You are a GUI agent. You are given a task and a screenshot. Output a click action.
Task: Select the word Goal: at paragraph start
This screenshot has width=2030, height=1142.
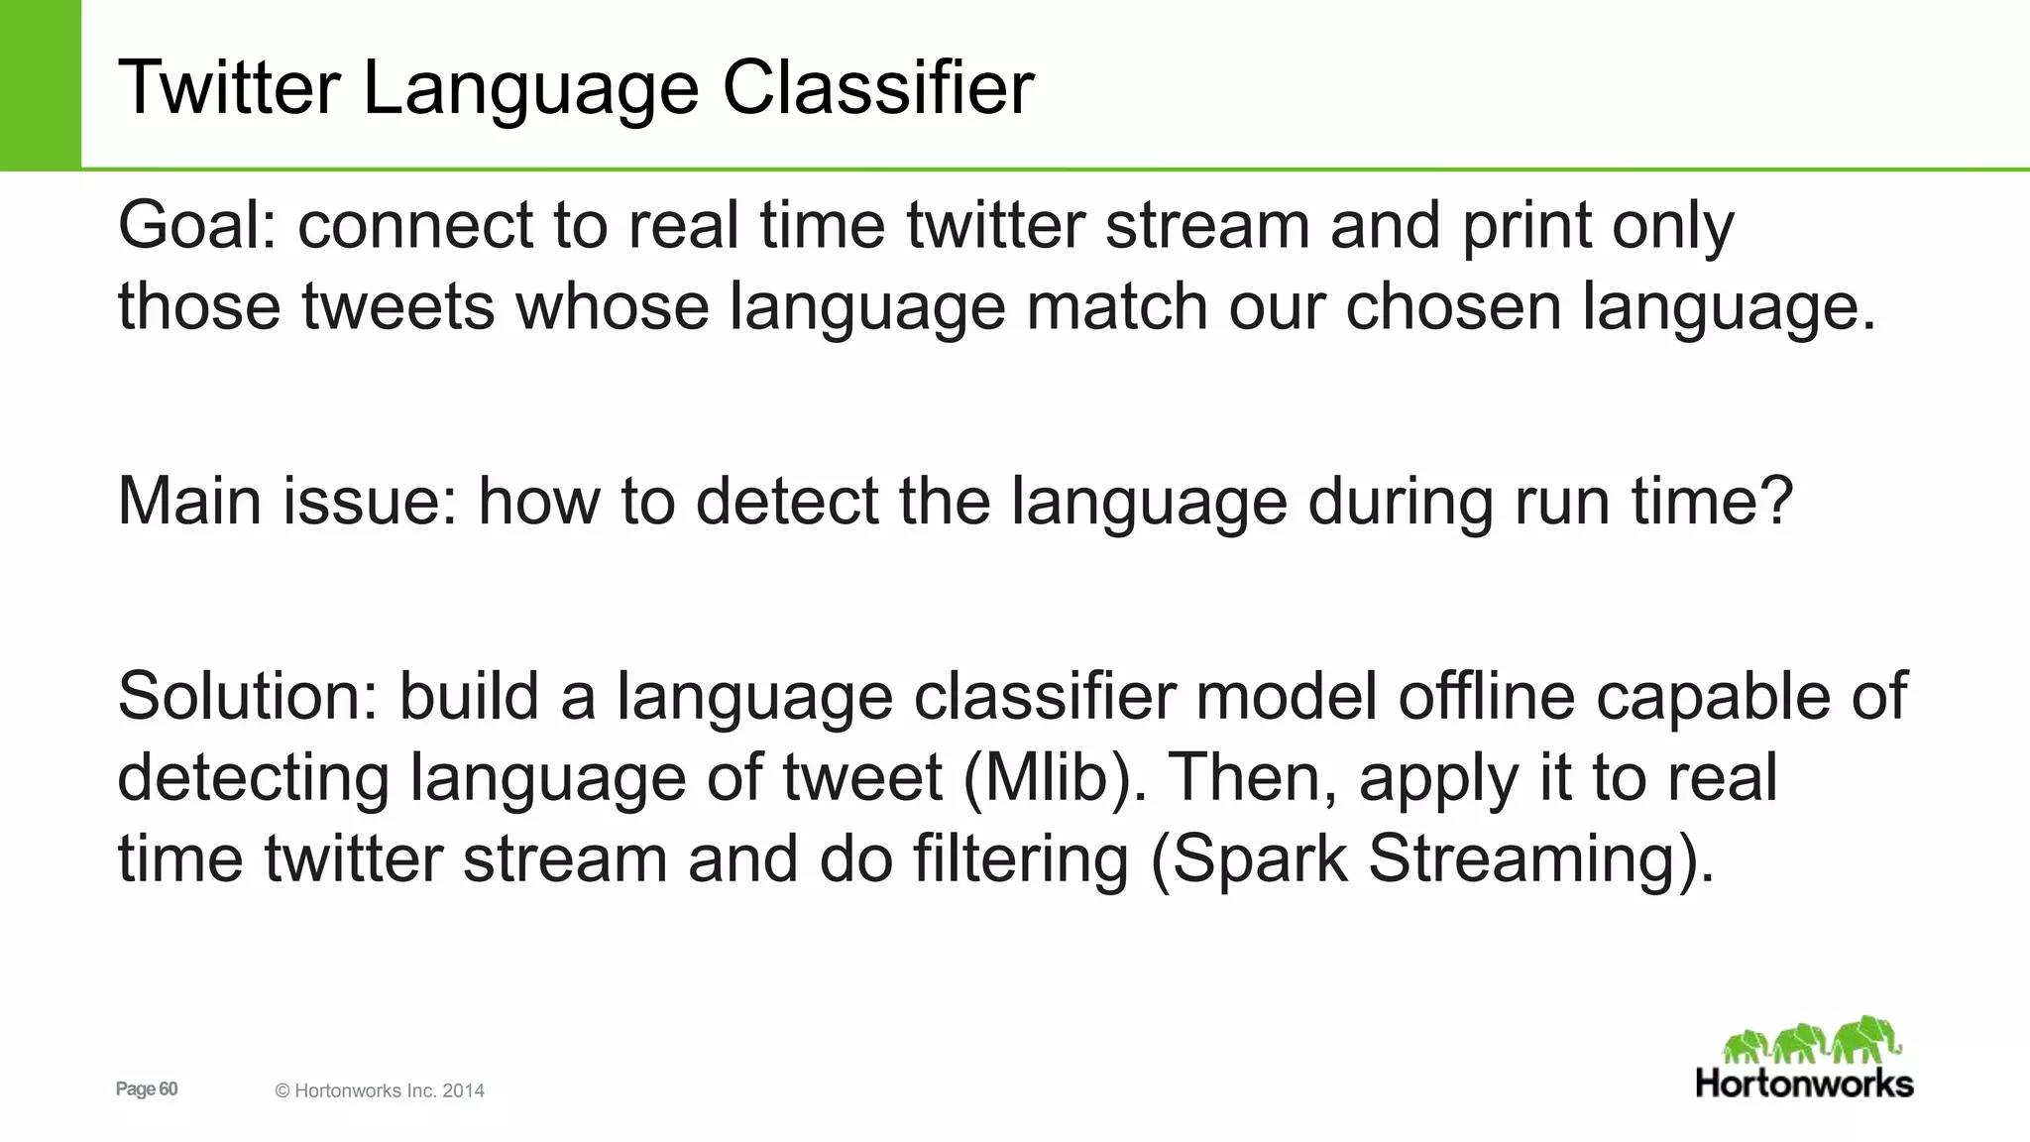pyautogui.click(x=197, y=225)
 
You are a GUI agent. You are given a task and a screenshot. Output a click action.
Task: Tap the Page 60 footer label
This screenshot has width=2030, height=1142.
pyautogui.click(x=147, y=1089)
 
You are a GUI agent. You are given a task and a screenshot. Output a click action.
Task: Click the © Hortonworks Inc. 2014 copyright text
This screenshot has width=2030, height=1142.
pyautogui.click(x=380, y=1091)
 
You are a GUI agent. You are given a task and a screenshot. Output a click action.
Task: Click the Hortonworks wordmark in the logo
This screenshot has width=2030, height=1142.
pyautogui.click(x=1804, y=1084)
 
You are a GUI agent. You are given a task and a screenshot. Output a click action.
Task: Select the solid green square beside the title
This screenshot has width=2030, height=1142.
pyautogui.click(x=40, y=84)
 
